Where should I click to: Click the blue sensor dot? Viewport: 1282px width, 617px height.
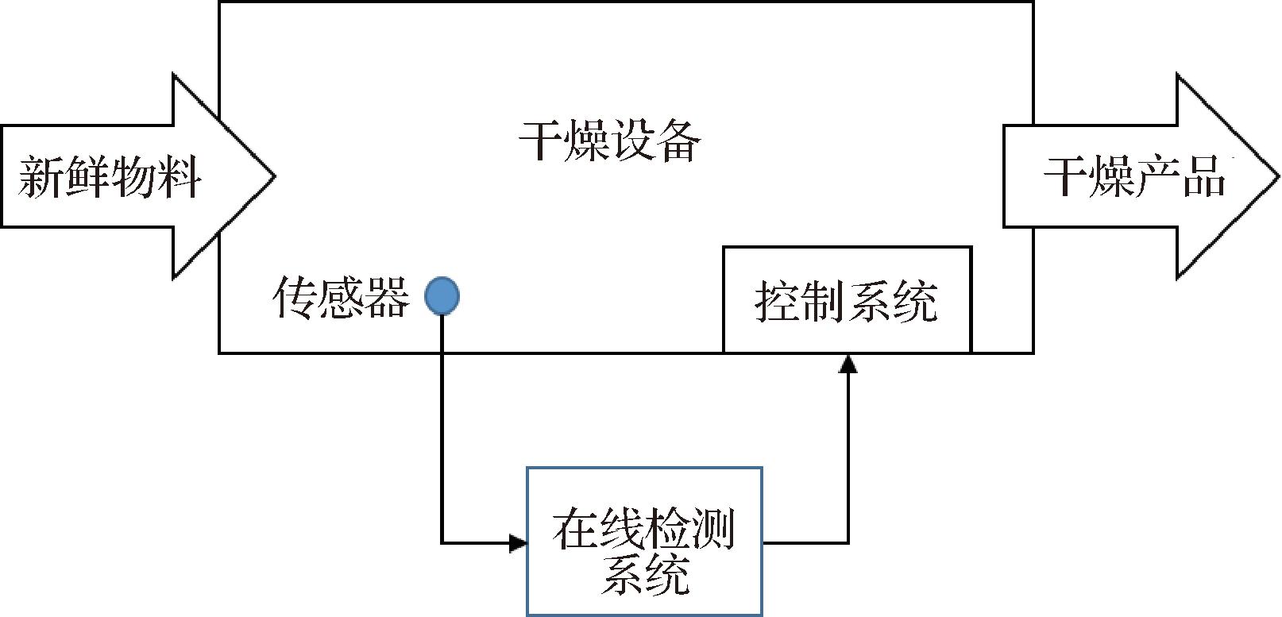(x=442, y=296)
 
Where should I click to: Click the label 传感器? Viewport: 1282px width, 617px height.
(x=341, y=298)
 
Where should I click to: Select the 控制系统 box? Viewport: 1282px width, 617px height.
(x=847, y=299)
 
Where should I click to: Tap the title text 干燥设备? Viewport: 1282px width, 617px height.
(x=610, y=141)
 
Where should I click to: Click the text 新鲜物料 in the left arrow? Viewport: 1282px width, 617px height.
(x=110, y=176)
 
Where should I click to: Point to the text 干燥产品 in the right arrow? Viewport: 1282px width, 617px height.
(x=1134, y=176)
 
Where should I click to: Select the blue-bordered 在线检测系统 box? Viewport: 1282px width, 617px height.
(x=644, y=542)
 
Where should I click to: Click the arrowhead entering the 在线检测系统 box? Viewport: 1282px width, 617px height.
(x=518, y=543)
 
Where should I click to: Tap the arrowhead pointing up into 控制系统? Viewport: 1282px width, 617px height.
(x=848, y=364)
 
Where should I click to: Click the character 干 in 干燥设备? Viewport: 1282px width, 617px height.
(x=542, y=141)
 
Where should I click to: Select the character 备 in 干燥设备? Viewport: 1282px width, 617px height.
(x=678, y=141)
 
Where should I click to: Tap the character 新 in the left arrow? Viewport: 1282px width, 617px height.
(x=41, y=176)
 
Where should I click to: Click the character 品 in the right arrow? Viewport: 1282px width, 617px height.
(x=1203, y=176)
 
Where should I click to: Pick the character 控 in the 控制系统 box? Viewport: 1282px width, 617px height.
(x=778, y=301)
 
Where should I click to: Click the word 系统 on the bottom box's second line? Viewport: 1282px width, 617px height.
(x=644, y=573)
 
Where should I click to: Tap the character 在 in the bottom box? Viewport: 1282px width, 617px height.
(x=575, y=529)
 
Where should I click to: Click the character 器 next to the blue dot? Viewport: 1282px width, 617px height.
(x=387, y=298)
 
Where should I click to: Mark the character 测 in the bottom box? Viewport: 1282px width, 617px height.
(x=712, y=529)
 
